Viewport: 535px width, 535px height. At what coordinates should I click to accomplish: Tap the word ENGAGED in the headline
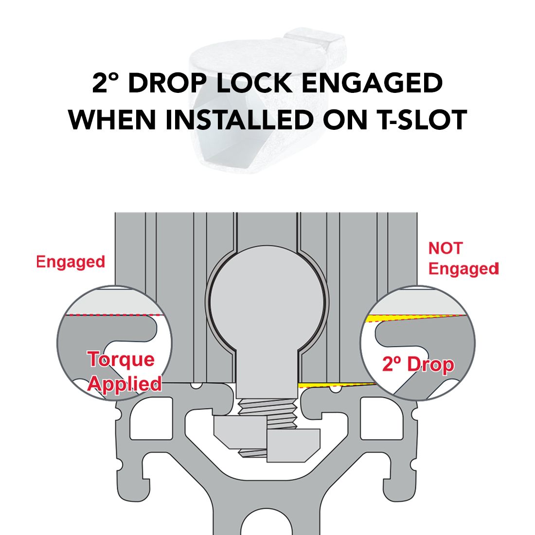click(x=372, y=84)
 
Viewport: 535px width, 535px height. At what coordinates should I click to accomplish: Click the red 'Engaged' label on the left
click(x=71, y=262)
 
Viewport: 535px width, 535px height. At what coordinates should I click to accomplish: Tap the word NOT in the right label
click(x=445, y=248)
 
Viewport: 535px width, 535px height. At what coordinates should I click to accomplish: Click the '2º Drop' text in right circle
click(x=418, y=364)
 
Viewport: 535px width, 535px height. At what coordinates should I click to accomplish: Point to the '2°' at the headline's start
click(x=104, y=84)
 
